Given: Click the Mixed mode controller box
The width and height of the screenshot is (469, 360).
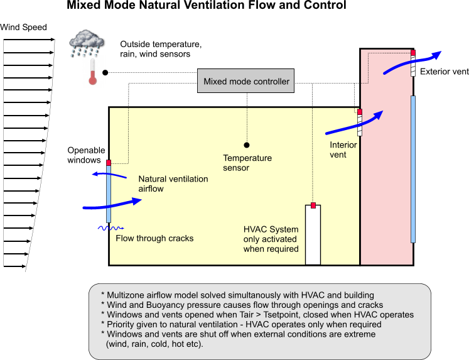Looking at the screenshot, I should tap(247, 82).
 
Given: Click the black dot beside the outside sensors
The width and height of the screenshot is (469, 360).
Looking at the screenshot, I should tap(105, 72).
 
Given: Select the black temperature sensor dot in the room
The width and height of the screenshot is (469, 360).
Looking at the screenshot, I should tap(247, 145).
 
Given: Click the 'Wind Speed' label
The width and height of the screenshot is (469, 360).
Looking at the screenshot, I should tap(23, 28).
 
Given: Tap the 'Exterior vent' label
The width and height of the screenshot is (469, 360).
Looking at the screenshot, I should tap(444, 72).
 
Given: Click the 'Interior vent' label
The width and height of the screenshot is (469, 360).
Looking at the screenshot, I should tap(343, 150).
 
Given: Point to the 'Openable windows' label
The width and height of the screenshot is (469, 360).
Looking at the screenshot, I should tap(84, 155).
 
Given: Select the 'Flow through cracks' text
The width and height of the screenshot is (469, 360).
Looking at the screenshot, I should tap(154, 238).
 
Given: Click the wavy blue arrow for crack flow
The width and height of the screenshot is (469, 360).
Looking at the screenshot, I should tap(112, 228).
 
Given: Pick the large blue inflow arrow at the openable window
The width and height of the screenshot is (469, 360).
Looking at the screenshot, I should tap(113, 202).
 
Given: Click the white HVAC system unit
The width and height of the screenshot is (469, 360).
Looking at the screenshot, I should tap(313, 236).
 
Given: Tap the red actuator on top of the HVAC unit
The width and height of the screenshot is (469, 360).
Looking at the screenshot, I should tap(313, 205).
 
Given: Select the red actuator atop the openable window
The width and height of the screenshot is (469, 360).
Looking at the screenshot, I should tap(108, 163).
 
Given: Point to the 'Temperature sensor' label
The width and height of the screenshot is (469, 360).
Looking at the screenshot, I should tap(247, 163).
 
